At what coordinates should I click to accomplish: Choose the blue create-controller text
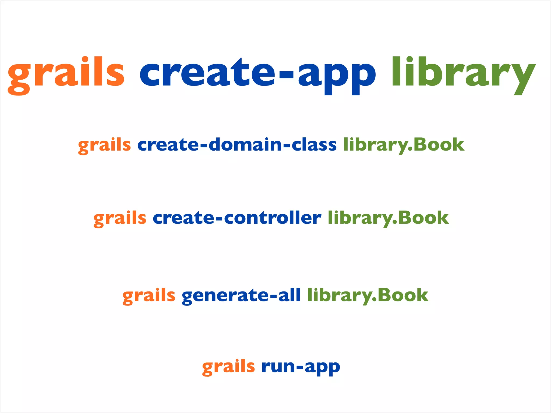click(237, 218)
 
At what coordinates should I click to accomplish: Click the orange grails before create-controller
click(120, 218)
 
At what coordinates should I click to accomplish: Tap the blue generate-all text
click(241, 295)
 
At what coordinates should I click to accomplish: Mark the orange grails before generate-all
click(149, 296)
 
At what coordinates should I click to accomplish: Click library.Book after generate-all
click(368, 295)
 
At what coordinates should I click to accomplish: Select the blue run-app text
click(301, 367)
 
